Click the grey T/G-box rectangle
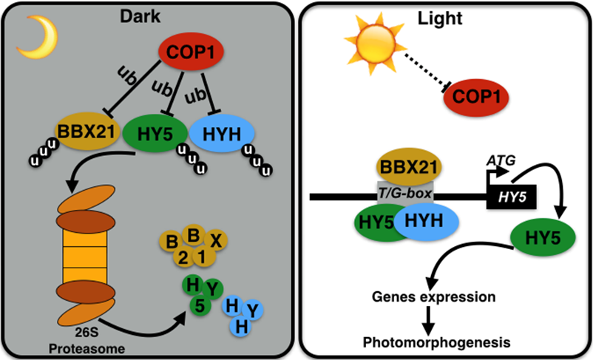[x=406, y=194]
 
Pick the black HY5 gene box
[x=511, y=197]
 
